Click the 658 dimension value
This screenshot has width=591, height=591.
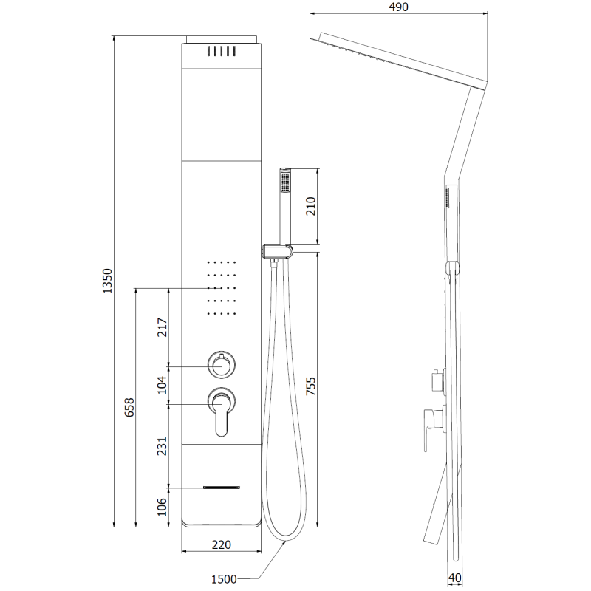(129, 407)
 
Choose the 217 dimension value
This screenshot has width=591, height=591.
(164, 327)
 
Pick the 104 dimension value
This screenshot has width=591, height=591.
(164, 385)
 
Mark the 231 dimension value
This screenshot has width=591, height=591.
(164, 445)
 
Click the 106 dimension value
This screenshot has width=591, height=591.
(164, 507)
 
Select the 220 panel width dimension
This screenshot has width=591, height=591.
(221, 545)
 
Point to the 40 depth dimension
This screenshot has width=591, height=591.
(456, 578)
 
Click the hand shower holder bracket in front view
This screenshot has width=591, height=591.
(275, 253)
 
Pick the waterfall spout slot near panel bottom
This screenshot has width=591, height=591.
(222, 488)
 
